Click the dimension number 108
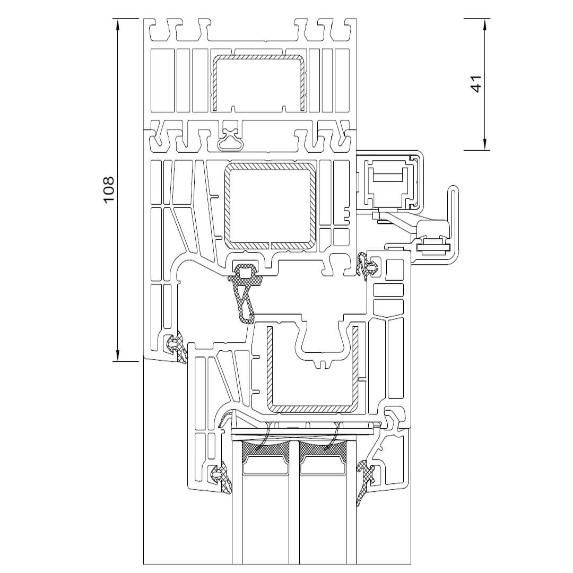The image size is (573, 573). (109, 190)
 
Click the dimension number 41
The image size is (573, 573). (476, 84)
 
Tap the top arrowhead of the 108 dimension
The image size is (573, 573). (118, 24)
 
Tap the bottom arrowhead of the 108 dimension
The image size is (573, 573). (118, 355)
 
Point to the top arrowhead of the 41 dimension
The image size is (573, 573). (484, 24)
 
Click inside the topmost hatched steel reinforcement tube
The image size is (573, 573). (259, 83)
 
